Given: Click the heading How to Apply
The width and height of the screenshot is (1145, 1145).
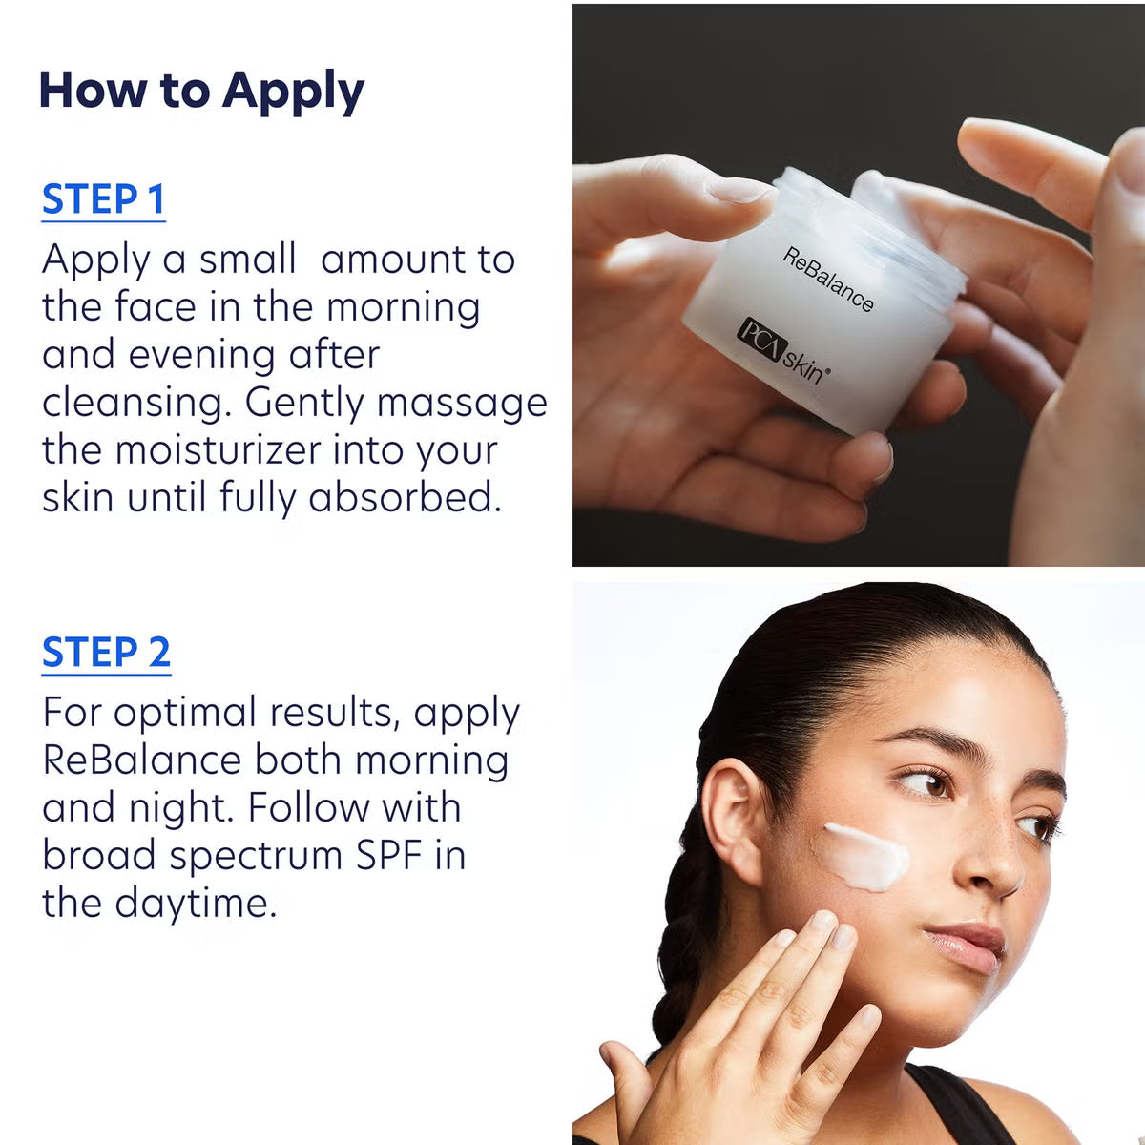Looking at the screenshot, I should pyautogui.click(x=201, y=92).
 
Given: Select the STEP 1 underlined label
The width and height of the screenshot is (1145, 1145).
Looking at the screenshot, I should pyautogui.click(x=103, y=200).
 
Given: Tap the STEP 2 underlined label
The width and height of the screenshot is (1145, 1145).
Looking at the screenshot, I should pyautogui.click(x=106, y=654).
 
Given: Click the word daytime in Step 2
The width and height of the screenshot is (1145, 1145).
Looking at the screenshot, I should pyautogui.click(x=196, y=904).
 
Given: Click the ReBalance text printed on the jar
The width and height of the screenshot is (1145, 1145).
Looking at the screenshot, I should pyautogui.click(x=828, y=280).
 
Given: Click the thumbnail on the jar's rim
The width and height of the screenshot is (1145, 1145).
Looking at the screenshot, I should pyautogui.click(x=739, y=190).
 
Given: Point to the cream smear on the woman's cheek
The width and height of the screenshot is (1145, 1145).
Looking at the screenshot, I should pyautogui.click(x=866, y=856).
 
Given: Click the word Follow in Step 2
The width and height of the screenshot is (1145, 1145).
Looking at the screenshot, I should pyautogui.click(x=308, y=808).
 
